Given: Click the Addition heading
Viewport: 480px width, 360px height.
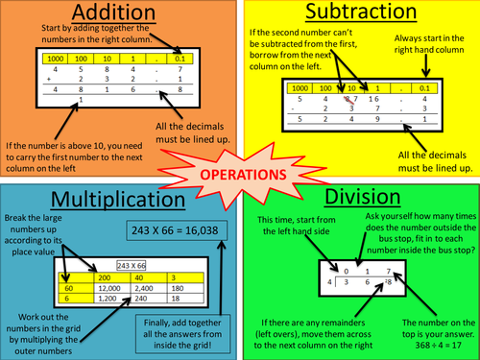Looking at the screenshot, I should click(x=117, y=15).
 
